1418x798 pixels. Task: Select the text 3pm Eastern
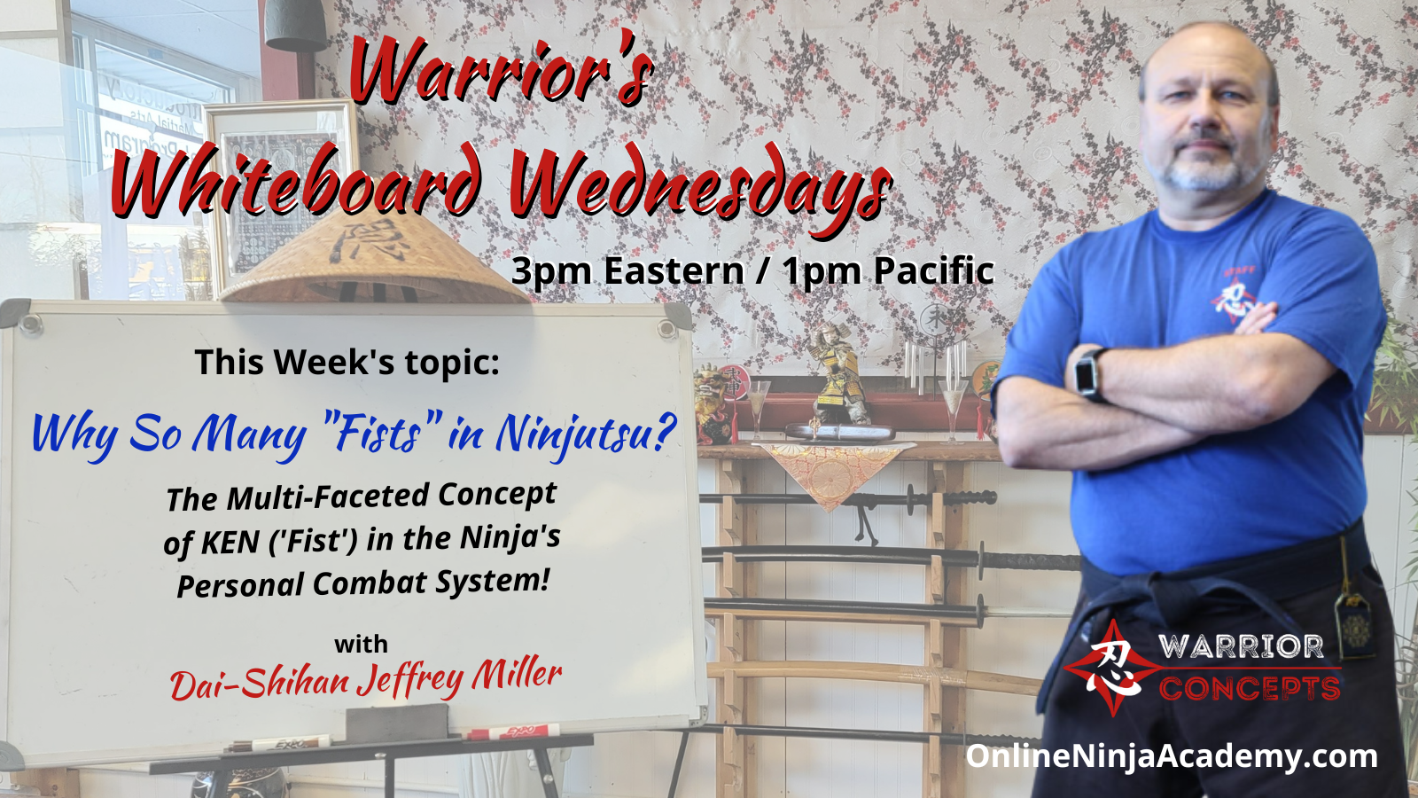click(627, 271)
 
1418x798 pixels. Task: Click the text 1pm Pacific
click(887, 271)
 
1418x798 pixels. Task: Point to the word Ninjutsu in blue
click(585, 435)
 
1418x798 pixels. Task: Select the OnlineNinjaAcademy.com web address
click(1171, 757)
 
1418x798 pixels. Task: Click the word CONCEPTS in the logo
click(1250, 688)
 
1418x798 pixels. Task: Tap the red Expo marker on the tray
click(513, 732)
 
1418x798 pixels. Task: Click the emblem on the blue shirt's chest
click(1234, 295)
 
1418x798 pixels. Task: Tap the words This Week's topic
click(347, 363)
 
